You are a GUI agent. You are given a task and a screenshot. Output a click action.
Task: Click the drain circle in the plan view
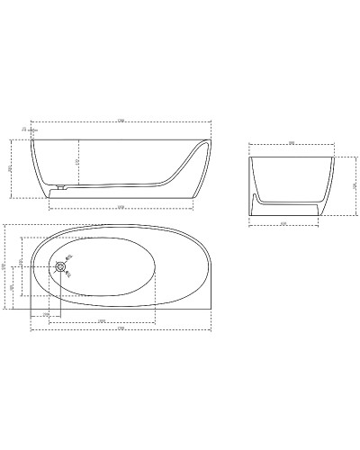pos(60,265)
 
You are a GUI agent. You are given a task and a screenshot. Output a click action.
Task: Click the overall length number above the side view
pos(120,121)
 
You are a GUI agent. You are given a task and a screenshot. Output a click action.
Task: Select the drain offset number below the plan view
pos(46,313)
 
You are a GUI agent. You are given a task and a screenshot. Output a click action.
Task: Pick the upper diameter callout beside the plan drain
pos(71,256)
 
